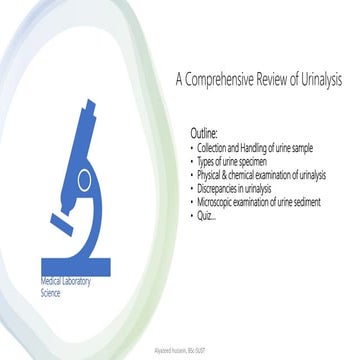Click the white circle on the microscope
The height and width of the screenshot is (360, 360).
[110, 181]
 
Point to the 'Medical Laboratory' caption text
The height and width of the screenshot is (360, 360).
[65, 282]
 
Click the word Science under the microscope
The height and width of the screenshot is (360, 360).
[51, 294]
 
